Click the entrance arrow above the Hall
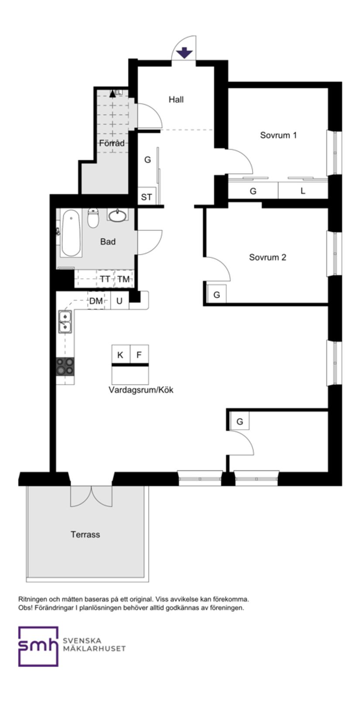click(184, 53)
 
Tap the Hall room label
click(176, 99)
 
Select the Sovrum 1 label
click(278, 135)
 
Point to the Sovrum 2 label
click(267, 257)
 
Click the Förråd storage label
click(112, 143)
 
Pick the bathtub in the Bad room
click(70, 233)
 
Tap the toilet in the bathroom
click(93, 217)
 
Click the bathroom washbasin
click(118, 216)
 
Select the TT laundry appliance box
click(105, 279)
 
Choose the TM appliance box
click(123, 279)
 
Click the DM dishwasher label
click(96, 301)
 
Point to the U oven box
click(120, 301)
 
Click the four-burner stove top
click(65, 366)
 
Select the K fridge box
click(120, 355)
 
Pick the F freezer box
click(139, 355)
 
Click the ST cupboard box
click(147, 197)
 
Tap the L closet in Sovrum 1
click(303, 191)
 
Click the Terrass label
click(86, 534)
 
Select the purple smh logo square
click(38, 646)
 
